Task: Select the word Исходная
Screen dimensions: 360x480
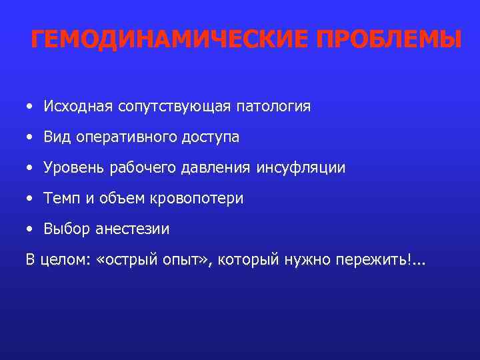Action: click(x=79, y=107)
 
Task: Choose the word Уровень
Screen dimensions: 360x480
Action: click(x=73, y=168)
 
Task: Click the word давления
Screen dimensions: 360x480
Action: click(x=216, y=168)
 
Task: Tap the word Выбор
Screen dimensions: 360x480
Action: click(x=64, y=229)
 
